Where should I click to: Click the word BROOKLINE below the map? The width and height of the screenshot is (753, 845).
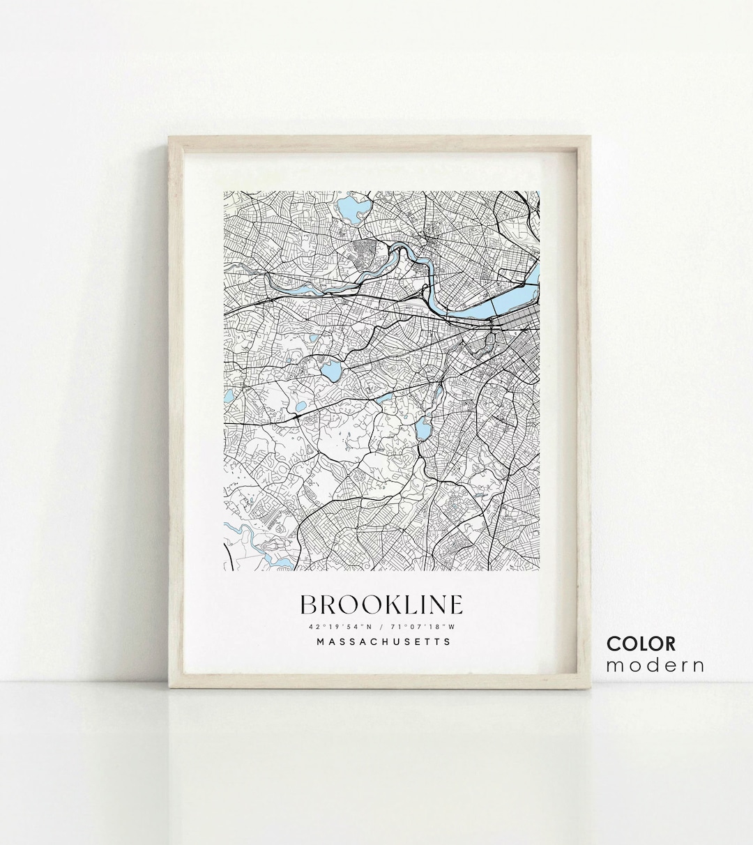point(381,604)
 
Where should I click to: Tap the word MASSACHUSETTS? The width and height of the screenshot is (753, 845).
point(383,641)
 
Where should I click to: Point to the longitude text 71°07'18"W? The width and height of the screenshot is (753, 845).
point(427,625)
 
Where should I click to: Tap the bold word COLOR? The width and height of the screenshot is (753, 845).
point(641,644)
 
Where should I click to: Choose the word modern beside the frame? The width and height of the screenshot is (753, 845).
point(655,665)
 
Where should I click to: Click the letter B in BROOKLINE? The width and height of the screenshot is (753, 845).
point(308,604)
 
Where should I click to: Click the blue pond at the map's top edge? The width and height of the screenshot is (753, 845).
point(349,208)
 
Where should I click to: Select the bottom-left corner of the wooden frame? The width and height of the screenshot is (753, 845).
point(169,689)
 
